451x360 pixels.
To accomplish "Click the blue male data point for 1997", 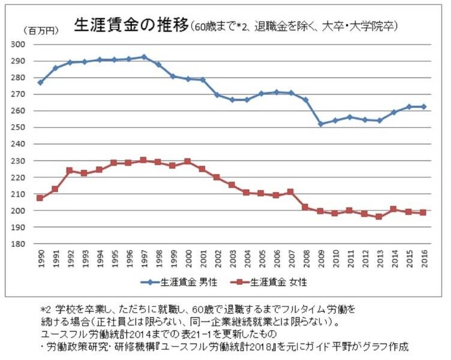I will (144, 57).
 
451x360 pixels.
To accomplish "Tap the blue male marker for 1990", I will (40, 82).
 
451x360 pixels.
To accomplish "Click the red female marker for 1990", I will (40, 198).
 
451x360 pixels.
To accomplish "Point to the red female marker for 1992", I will (70, 170).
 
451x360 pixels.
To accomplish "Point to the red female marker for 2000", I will (188, 161).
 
